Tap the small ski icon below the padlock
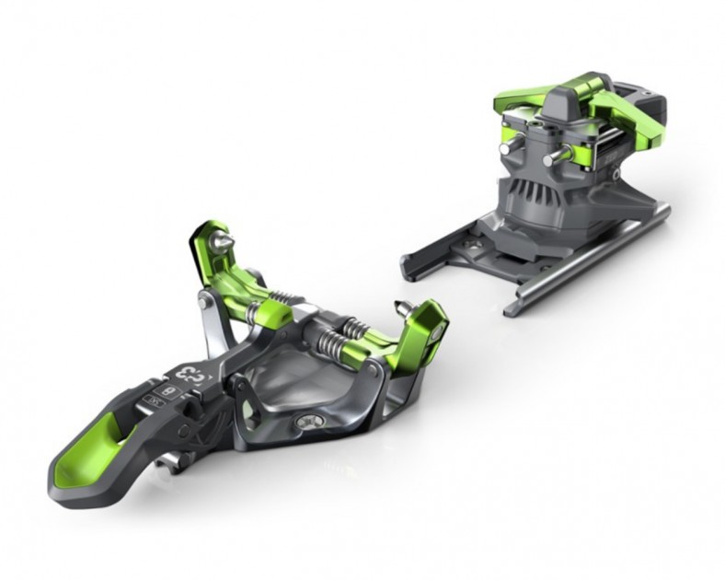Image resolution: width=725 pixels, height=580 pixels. click(153, 402)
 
